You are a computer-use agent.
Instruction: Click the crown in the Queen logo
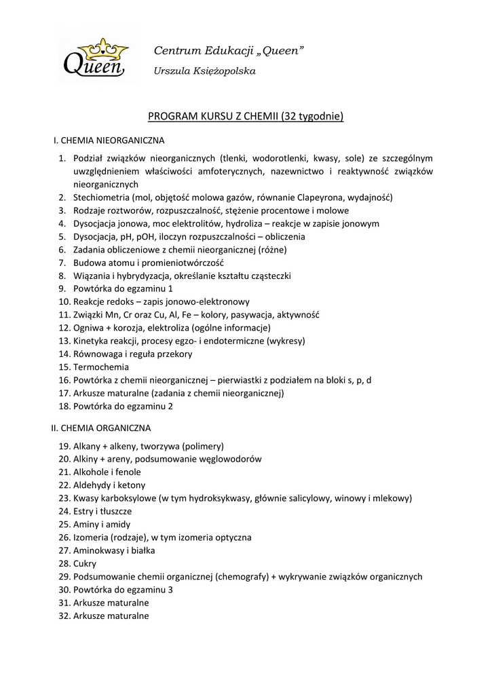pyautogui.click(x=102, y=49)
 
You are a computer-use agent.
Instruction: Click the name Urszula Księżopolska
pyautogui.click(x=195, y=71)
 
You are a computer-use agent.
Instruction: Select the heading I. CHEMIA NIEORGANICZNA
pyautogui.click(x=109, y=141)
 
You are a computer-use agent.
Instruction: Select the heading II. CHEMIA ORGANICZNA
pyautogui.click(x=101, y=428)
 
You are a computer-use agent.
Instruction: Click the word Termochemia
pyautogui.click(x=101, y=367)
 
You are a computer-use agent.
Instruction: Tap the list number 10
pyautogui.click(x=64, y=301)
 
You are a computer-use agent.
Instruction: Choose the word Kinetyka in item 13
pyautogui.click(x=91, y=341)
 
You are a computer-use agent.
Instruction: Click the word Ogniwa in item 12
pyautogui.click(x=88, y=328)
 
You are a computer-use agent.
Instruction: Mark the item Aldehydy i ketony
pyautogui.click(x=109, y=485)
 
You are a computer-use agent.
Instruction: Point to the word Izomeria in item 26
pyautogui.click(x=93, y=538)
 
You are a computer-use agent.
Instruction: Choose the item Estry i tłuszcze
pyautogui.click(x=102, y=511)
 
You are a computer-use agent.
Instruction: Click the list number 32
pyautogui.click(x=64, y=616)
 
